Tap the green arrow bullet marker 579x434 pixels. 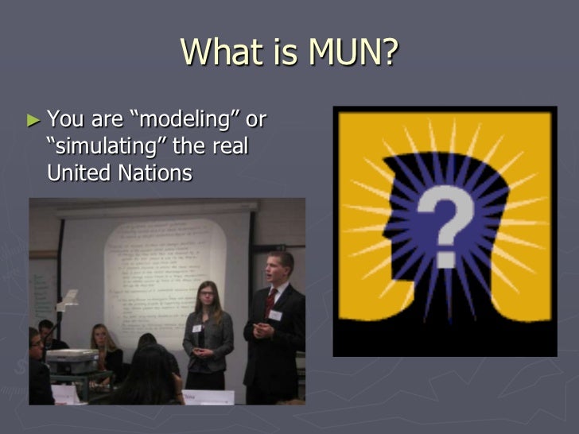point(33,121)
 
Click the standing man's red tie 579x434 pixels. point(271,302)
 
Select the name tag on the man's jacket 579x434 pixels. point(275,315)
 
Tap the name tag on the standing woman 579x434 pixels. point(196,327)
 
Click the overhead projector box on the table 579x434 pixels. point(72,362)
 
